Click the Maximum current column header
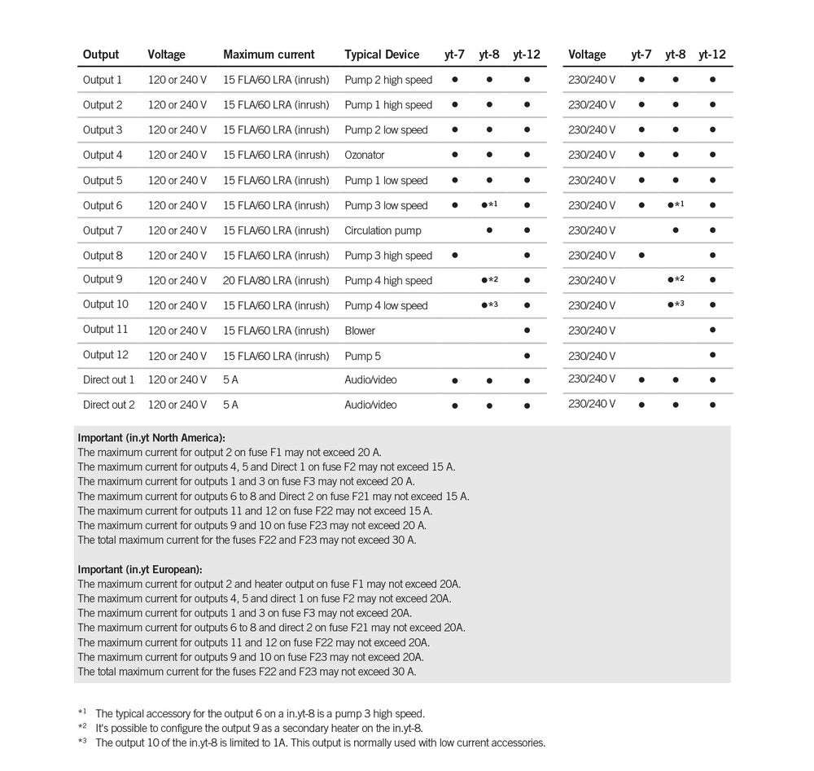click(269, 55)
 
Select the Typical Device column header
click(382, 55)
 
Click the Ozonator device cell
click(365, 155)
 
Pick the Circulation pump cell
click(383, 230)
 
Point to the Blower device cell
click(360, 331)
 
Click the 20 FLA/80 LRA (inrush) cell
click(276, 281)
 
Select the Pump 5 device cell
click(362, 356)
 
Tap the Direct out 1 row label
click(109, 380)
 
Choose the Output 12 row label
click(106, 355)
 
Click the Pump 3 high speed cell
click(388, 256)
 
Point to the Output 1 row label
click(103, 80)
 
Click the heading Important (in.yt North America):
click(151, 438)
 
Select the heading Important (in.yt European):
click(140, 570)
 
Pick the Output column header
click(101, 55)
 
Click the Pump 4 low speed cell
click(386, 306)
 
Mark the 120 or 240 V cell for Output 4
click(177, 155)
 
